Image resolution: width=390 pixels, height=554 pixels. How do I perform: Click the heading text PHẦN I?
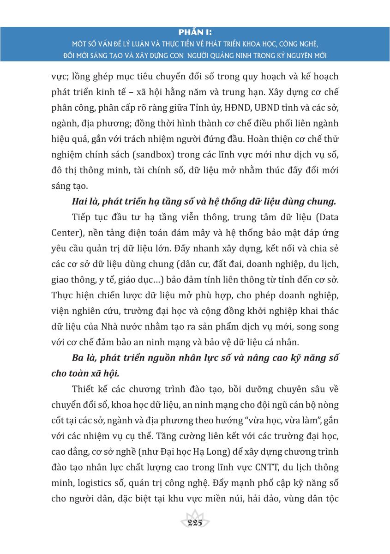pyautogui.click(x=195, y=32)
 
